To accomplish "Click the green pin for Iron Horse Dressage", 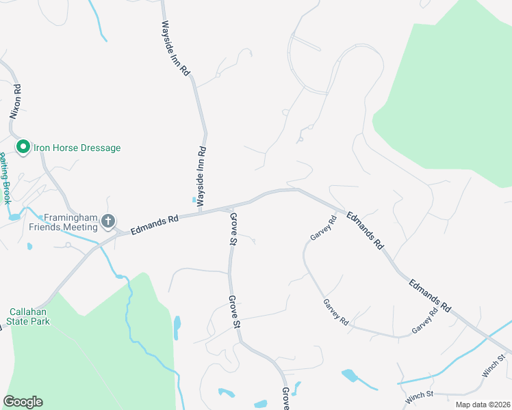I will click(23, 147).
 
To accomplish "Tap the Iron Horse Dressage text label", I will click(75, 148).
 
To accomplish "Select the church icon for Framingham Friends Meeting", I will click(107, 221).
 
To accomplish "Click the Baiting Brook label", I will click(5, 179).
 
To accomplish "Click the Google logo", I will click(23, 402).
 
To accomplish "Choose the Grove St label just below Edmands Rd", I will click(233, 228).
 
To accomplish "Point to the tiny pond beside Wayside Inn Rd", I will click(193, 200).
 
